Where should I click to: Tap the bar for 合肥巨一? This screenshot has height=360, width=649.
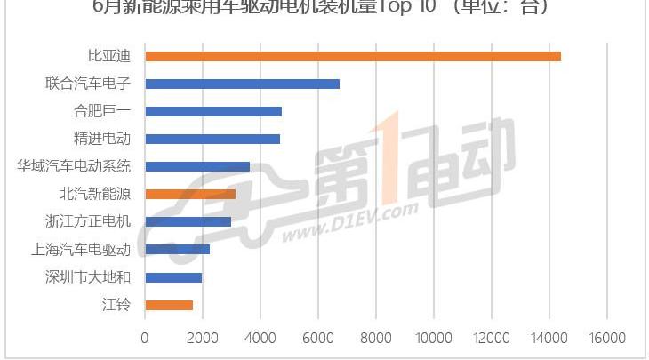213,112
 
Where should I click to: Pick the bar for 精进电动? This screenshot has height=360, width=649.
212,139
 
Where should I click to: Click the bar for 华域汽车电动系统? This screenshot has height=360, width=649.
197,166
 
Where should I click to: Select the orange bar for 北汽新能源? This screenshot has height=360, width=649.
190,194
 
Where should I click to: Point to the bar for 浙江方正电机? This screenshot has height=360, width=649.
188,221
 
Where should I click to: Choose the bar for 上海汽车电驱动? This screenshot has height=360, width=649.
177,250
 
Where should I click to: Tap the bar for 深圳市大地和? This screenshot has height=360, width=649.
173,277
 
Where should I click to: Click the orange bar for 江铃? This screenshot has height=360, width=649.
169,305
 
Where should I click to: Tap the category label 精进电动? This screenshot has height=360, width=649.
102,139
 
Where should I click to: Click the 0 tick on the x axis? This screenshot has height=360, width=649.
145,338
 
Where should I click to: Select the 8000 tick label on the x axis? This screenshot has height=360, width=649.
375,338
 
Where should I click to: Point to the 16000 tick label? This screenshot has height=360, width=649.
606,338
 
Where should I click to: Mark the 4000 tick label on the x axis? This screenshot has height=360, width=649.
260,338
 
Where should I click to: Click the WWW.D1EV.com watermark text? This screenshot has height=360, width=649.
351,223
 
